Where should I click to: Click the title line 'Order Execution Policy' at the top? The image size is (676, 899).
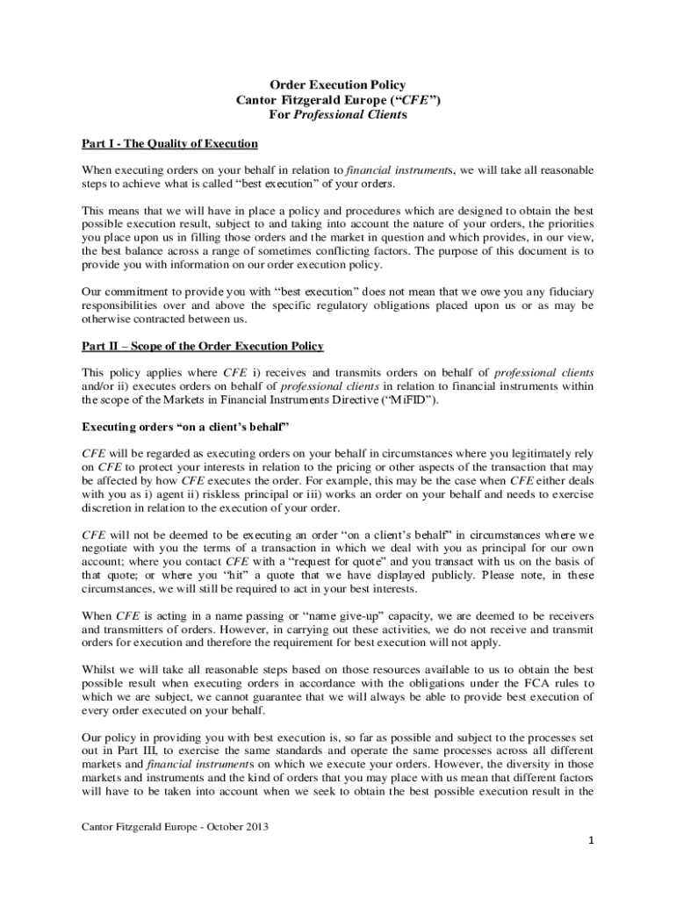[x=337, y=85]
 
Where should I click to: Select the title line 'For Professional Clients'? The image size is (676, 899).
[x=337, y=115]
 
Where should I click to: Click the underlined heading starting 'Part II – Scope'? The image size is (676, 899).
[x=203, y=345]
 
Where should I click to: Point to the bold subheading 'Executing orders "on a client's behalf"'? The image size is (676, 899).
[x=186, y=427]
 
